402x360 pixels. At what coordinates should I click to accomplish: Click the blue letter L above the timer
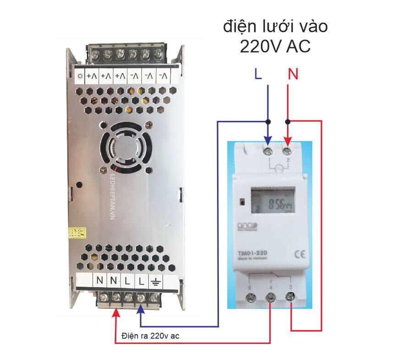pos(258,74)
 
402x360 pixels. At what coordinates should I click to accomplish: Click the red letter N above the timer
pos(293,74)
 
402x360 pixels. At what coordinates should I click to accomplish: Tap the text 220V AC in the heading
pos(275,46)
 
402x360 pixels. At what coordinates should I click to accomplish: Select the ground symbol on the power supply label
pos(155,280)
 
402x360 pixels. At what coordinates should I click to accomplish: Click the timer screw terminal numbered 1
pos(268,150)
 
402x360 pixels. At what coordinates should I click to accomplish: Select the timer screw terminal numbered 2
pos(288,150)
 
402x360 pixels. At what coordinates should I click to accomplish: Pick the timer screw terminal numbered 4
pos(270,298)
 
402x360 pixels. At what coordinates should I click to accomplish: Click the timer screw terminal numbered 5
pos(250,298)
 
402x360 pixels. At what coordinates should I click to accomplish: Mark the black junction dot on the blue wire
pos(268,121)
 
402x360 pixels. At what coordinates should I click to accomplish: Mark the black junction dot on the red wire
pos(288,121)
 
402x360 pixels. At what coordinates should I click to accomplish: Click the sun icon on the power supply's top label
pos(81,76)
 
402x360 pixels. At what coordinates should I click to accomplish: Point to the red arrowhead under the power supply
pos(116,313)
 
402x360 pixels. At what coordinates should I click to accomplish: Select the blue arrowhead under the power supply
pos(141,313)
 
